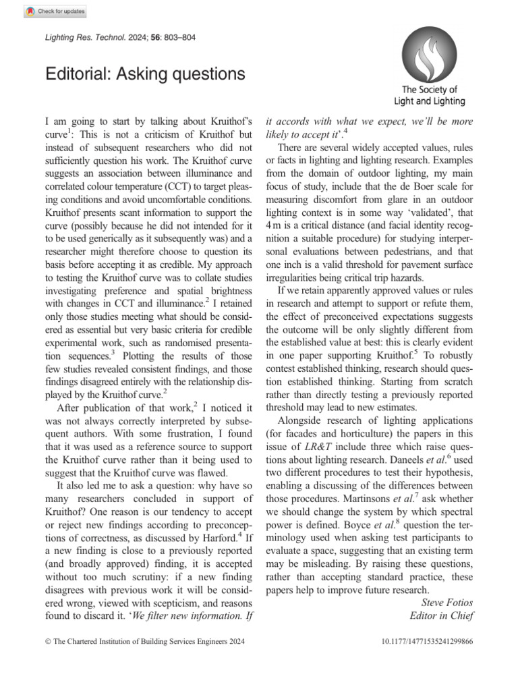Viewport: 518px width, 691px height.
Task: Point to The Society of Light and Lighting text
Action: tap(429, 95)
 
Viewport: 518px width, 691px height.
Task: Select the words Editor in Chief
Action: tap(441, 615)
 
